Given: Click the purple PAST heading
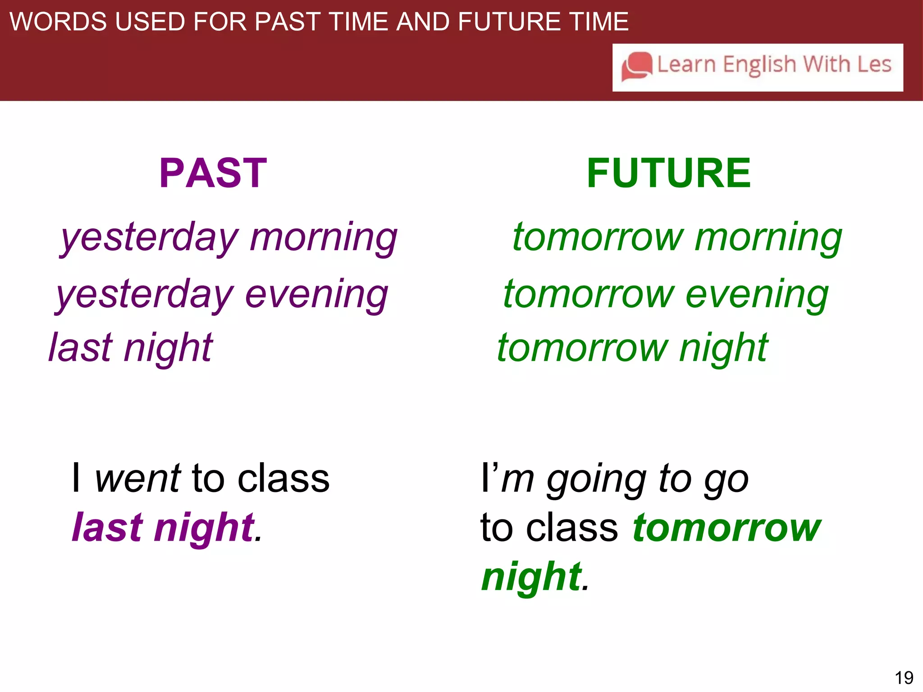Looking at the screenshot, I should click(x=213, y=173).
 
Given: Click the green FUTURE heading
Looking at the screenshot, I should click(x=669, y=173).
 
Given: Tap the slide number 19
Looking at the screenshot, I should click(x=904, y=677).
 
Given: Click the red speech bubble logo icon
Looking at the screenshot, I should click(x=636, y=67).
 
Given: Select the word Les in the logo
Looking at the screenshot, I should click(x=874, y=64).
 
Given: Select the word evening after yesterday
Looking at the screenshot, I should click(x=316, y=295).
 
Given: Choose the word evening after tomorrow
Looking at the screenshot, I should click(x=757, y=295).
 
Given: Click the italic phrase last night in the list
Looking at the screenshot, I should click(x=131, y=348).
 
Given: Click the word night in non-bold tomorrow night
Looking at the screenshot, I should click(x=723, y=348).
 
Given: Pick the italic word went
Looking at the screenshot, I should click(x=138, y=478).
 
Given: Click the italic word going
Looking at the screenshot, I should click(x=596, y=479).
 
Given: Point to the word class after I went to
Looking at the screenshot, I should click(x=283, y=478).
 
